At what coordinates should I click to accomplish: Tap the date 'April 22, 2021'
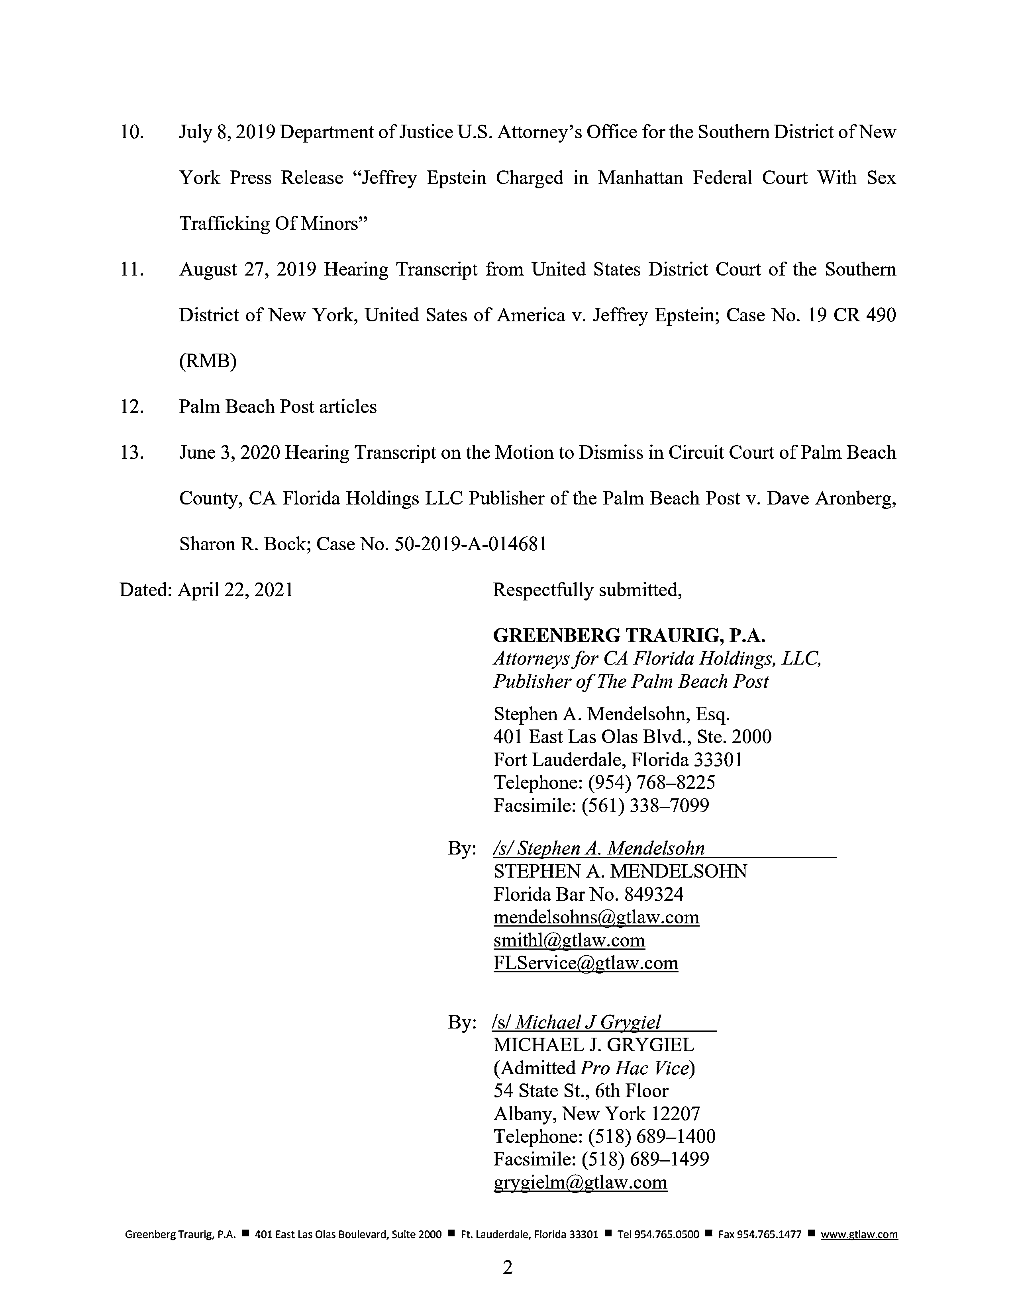(235, 590)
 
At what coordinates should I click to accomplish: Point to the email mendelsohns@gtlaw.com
(596, 917)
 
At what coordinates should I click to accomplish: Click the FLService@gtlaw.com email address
(586, 963)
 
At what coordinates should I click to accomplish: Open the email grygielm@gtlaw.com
(580, 1182)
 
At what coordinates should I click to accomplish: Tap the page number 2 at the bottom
(507, 1268)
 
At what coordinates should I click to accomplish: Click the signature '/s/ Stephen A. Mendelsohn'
(599, 848)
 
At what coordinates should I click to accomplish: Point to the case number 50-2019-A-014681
(470, 544)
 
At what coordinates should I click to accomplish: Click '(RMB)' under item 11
(208, 361)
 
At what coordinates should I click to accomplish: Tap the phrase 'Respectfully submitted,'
(587, 590)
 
